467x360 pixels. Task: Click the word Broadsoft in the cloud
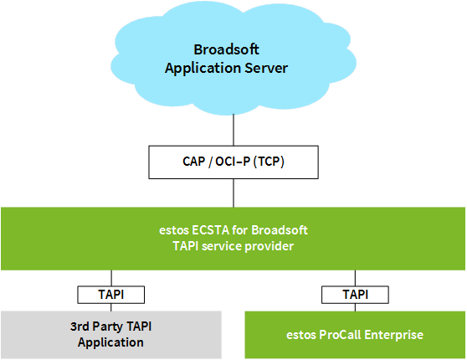226,49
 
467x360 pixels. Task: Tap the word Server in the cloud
266,68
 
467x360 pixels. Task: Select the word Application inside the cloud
203,69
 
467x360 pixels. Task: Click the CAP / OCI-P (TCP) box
233,162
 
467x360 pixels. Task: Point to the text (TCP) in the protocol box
269,162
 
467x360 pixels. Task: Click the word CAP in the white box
194,162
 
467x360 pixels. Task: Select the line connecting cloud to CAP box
233,130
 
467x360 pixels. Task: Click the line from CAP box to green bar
233,193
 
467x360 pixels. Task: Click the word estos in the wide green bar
174,231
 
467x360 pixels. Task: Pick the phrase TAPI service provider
233,246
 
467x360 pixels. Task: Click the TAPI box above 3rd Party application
111,295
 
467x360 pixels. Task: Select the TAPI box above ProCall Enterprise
355,295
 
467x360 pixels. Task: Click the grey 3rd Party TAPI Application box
111,335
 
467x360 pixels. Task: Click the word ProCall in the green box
340,335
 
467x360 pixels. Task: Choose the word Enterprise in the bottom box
393,335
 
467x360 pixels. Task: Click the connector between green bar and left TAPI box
111,278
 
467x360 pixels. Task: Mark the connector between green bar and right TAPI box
355,278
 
